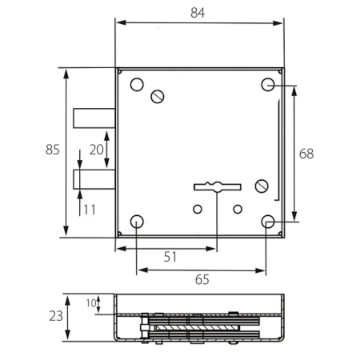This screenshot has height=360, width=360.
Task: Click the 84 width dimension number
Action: (198, 13)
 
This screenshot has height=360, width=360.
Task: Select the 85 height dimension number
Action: (53, 150)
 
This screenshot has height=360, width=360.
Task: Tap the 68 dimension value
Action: (306, 154)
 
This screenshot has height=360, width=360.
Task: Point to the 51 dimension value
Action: (170, 257)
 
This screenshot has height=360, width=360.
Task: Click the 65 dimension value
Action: (202, 280)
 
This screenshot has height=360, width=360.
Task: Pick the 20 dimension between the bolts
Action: (96, 150)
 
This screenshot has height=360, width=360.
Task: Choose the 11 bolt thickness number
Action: (90, 210)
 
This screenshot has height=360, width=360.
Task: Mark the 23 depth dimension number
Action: (56, 316)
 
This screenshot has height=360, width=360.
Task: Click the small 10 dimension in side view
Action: (91, 303)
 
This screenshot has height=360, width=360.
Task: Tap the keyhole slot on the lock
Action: (218, 187)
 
